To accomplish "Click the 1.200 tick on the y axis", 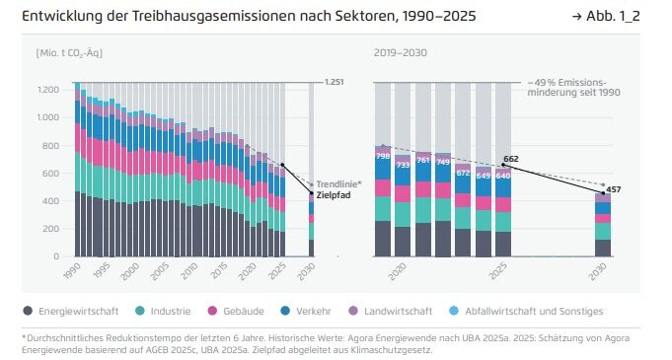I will point(45,90).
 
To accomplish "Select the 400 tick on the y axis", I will point(50,200).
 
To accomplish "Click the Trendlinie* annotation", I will point(339,184).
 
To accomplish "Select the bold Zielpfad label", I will point(334,195).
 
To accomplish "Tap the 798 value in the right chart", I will point(383,156).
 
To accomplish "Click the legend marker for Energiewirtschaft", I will point(28,311).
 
